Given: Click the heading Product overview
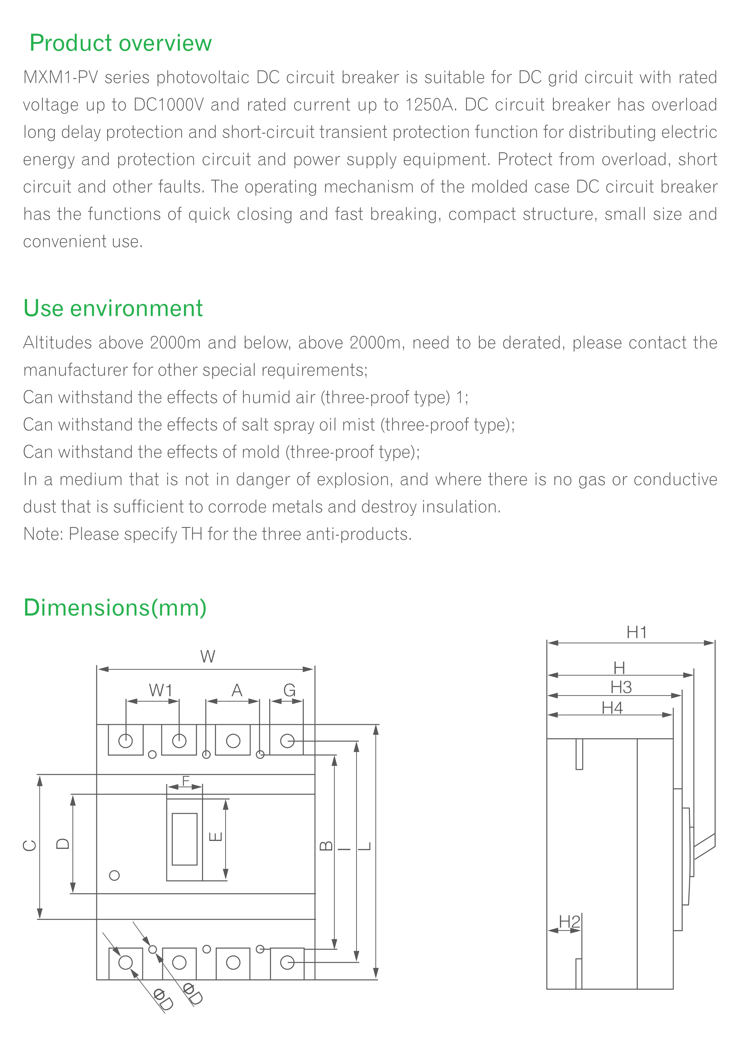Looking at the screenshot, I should point(120,43).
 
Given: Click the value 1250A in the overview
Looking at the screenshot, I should point(431,105).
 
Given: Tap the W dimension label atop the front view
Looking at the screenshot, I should point(207,657).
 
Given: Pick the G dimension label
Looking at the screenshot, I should point(289,690).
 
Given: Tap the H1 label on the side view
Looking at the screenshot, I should point(636,633).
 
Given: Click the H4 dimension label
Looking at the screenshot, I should point(612,708).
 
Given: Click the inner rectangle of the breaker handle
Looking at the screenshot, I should point(184,839).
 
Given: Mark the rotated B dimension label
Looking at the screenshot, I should point(326,846).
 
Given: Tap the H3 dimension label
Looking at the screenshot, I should point(621,687).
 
